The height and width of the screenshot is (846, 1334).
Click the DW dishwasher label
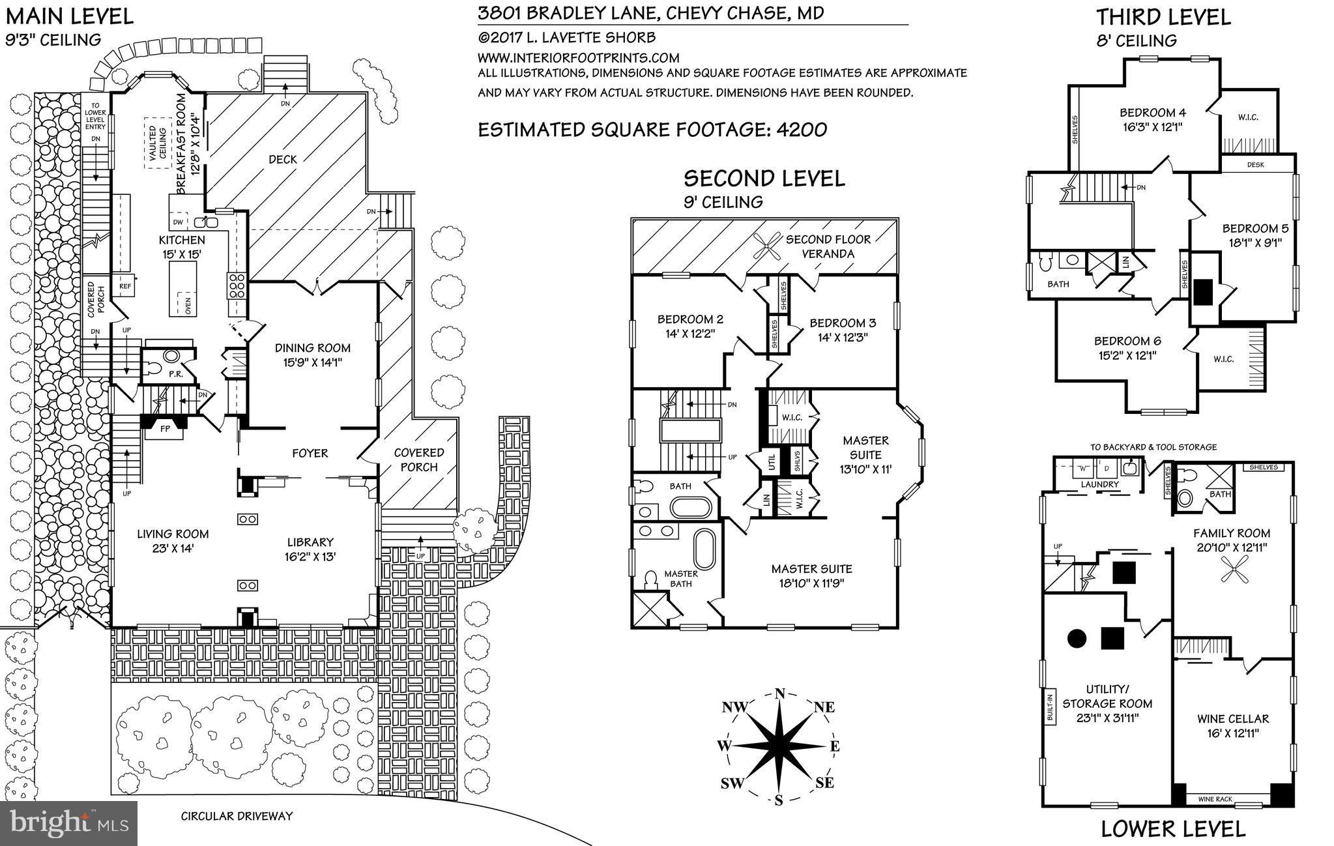click(x=178, y=222)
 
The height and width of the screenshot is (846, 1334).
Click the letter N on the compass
click(x=780, y=693)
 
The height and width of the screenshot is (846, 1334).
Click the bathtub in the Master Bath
click(x=704, y=549)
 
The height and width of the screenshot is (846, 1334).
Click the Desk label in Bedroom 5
click(x=1255, y=165)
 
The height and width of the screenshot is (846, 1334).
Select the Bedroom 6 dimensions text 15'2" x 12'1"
click(x=1127, y=355)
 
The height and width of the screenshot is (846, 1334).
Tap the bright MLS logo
click(x=68, y=823)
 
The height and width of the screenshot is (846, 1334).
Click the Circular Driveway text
click(x=237, y=815)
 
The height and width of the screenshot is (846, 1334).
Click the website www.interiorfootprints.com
click(x=578, y=57)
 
